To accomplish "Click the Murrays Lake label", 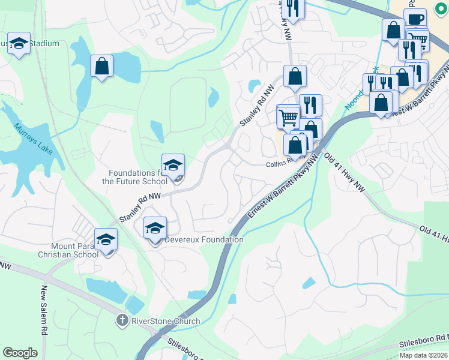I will coord(34,139).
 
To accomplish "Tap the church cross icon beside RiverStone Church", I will coord(123,320).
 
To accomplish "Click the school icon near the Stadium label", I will coord(19,43).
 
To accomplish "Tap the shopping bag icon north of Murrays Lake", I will coord(102,65).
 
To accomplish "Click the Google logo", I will coord(20,352).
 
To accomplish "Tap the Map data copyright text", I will coord(424,355).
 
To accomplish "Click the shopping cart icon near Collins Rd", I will coord(288,116).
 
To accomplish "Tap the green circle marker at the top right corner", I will coord(444,8).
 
